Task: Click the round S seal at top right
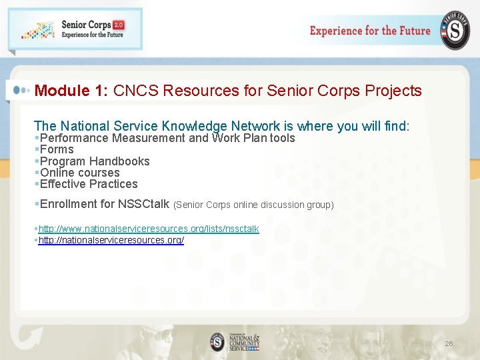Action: click(x=455, y=31)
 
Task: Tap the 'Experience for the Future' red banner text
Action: click(x=370, y=31)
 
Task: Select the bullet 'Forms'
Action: click(x=57, y=149)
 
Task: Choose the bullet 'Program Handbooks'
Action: click(x=95, y=161)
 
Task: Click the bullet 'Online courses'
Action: click(x=80, y=172)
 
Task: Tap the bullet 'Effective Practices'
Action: click(x=89, y=183)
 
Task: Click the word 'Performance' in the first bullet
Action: click(x=74, y=138)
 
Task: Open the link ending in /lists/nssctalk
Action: click(x=149, y=229)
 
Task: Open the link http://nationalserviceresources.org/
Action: click(x=111, y=240)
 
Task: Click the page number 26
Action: click(x=449, y=343)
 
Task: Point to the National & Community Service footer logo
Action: click(x=234, y=341)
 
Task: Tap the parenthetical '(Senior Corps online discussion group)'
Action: click(x=253, y=205)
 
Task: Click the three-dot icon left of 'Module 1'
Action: click(x=21, y=90)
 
